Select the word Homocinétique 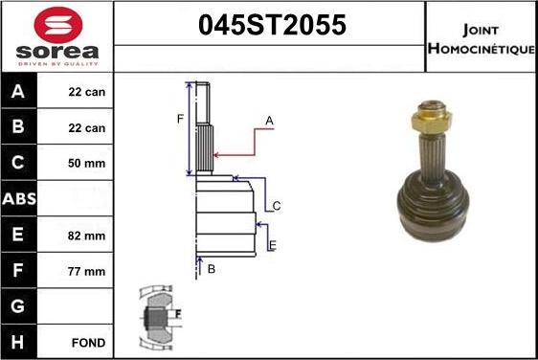(482, 49)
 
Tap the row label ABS (20, 199)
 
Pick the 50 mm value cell (86, 164)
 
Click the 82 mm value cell (86, 236)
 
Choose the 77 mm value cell (86, 271)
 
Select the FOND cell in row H (87, 342)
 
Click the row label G (20, 306)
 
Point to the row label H (20, 342)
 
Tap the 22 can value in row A (86, 93)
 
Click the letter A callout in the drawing (270, 121)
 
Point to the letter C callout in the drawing (277, 206)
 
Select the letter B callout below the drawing (212, 269)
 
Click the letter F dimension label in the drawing (179, 119)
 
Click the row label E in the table (20, 236)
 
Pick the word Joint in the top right (481, 30)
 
